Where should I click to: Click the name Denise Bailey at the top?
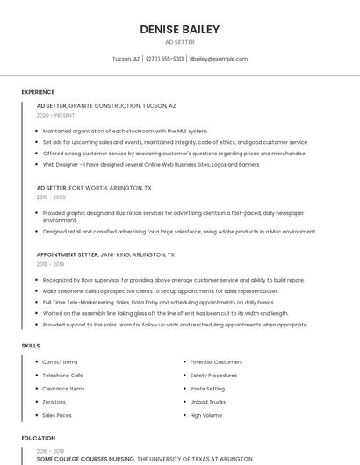pos(179,29)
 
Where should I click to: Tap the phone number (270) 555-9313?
pos(164,59)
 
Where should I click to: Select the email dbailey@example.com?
pos(219,59)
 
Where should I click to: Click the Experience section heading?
pos(38,92)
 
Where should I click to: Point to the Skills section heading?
pos(31,346)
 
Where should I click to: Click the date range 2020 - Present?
pos(54,115)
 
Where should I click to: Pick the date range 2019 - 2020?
pos(52,197)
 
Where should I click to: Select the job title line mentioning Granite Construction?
pos(106,105)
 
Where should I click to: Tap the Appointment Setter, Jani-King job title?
pos(105,254)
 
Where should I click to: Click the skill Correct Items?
pos(60,362)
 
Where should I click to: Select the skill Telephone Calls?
pos(62,376)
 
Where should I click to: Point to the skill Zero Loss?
pos(54,402)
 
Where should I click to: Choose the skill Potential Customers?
pos(216,362)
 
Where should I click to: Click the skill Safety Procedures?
pos(213,376)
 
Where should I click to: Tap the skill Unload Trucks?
pos(208,402)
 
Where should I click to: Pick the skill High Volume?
pos(206,415)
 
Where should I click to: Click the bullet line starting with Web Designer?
pos(151,164)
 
